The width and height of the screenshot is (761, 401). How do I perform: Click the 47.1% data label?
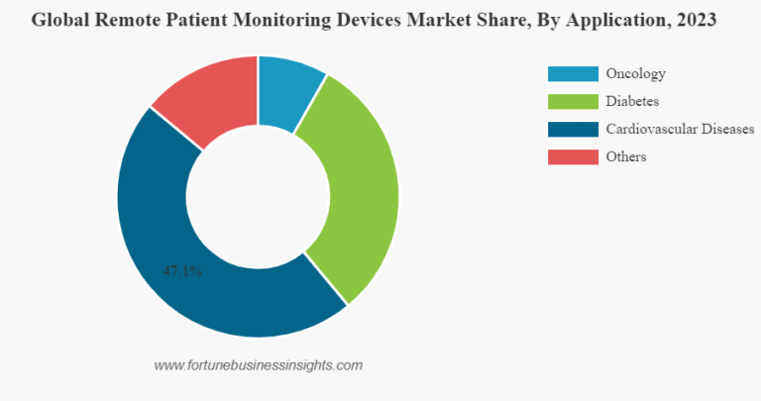pos(182,270)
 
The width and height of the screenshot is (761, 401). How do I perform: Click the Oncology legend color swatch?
pos(573,73)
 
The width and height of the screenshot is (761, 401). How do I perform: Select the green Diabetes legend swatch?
pos(573,101)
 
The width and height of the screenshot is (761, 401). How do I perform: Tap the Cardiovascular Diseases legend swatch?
pos(573,129)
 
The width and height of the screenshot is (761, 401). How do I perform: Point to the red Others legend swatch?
pos(573,156)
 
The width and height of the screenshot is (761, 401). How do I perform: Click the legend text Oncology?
pos(635,73)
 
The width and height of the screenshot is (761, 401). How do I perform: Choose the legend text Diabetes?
pos(632,101)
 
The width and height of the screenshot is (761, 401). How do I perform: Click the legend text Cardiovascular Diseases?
pos(680,129)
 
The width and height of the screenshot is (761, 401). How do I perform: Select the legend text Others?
pos(626,156)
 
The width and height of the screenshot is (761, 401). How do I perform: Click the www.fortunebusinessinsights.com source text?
pos(259,365)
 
